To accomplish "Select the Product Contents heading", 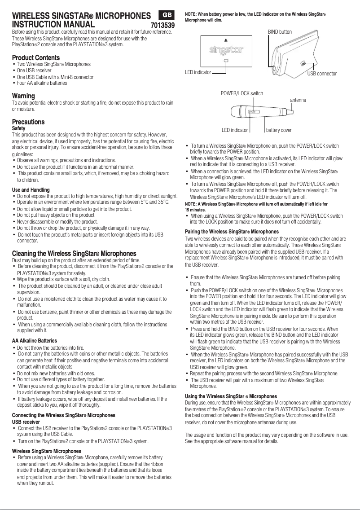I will (x=35, y=58).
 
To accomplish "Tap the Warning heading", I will (x=23, y=96).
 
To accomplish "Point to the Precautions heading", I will (x=28, y=122).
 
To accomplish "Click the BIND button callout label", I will (x=280, y=32).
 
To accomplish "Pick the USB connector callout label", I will (x=322, y=73).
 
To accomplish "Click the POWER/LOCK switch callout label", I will (x=242, y=93).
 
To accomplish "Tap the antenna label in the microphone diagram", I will (x=298, y=99).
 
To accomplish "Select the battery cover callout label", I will (x=279, y=130).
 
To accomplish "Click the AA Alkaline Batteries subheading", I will (x=35, y=341).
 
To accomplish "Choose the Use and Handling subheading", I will (x=31, y=190).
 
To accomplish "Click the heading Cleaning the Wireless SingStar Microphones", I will (x=74, y=253).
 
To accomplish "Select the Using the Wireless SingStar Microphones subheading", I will (x=231, y=396).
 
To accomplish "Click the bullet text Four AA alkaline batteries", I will (x=42, y=83).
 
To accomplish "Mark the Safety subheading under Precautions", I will (x=19, y=128).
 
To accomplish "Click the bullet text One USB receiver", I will (x=34, y=70).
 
